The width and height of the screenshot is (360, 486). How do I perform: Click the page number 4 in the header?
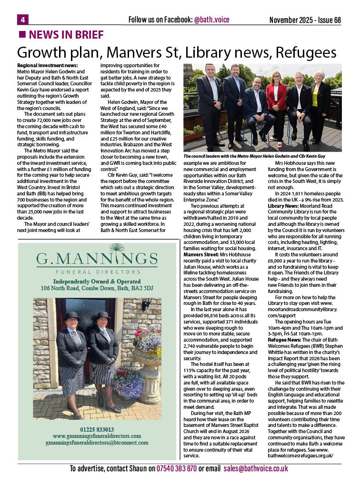click(x=22, y=19)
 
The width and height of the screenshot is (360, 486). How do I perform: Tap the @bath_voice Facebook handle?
click(x=212, y=20)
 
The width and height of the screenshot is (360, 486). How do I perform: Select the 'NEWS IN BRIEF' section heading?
click(x=66, y=34)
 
